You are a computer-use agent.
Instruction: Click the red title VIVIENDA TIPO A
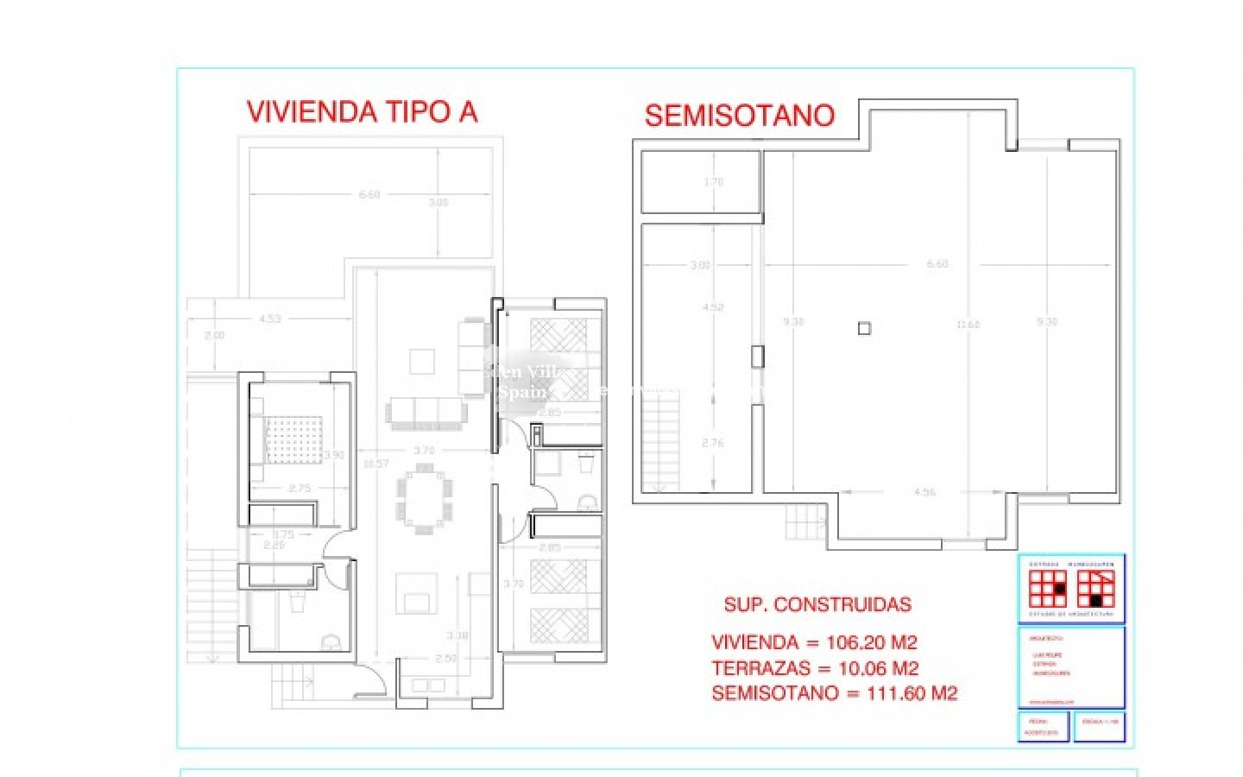point(362,112)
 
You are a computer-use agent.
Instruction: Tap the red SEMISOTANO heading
point(740,116)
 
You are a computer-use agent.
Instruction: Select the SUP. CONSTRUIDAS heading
point(817,604)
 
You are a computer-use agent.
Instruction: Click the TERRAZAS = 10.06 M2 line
point(815,667)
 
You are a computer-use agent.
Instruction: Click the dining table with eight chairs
point(424,496)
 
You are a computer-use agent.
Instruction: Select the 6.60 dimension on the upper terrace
point(369,195)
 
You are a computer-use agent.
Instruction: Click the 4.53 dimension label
point(269,319)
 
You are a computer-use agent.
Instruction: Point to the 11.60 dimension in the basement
point(969,325)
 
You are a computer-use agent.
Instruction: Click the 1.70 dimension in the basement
point(713,182)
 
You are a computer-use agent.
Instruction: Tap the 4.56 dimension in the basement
point(924,492)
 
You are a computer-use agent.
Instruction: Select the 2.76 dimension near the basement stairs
point(713,443)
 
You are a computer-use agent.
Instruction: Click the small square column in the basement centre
point(864,328)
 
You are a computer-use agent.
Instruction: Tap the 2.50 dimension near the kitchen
point(446,659)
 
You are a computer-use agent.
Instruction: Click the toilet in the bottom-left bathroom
point(330,641)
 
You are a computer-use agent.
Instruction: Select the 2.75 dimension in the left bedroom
point(299,489)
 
